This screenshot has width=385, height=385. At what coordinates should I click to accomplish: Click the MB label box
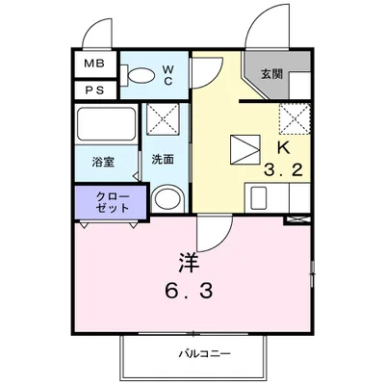point(93,64)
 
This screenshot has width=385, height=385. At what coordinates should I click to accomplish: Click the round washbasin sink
point(167,199)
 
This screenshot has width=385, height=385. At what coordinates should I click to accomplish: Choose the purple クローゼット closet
point(108,202)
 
